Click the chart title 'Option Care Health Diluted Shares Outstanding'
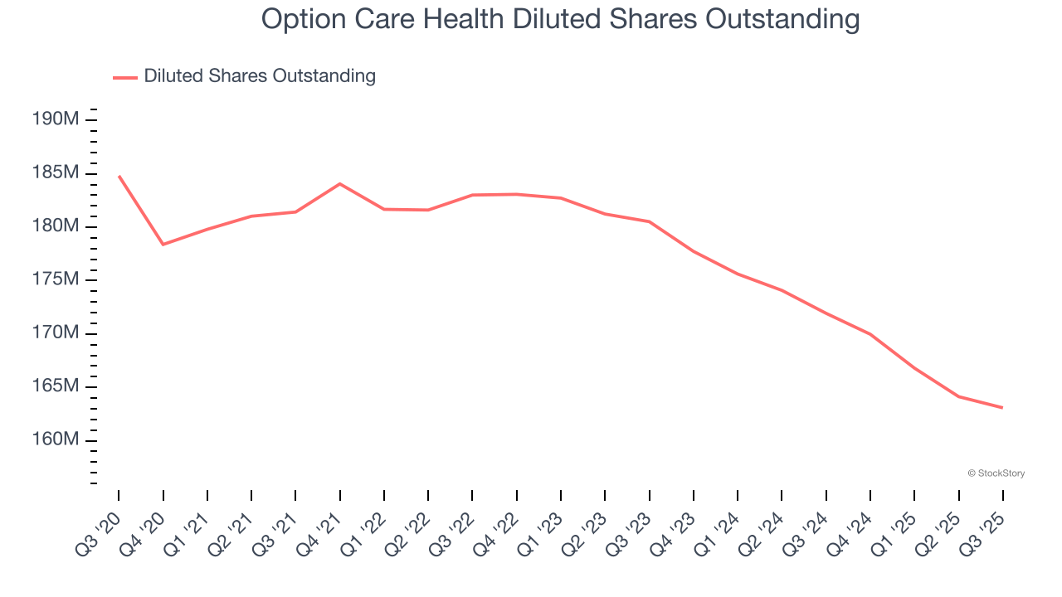[560, 18]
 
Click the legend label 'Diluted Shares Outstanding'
[260, 76]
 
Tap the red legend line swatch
[125, 77]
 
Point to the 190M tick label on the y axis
[56, 119]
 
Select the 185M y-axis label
[56, 172]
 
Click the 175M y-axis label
[56, 279]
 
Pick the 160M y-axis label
[56, 439]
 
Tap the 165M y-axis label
[56, 386]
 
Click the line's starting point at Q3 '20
[119, 176]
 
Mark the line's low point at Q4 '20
[163, 244]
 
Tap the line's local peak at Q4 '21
[340, 183]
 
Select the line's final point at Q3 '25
[1003, 407]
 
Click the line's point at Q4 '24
[870, 334]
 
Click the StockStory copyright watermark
[996, 473]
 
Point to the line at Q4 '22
[517, 194]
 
